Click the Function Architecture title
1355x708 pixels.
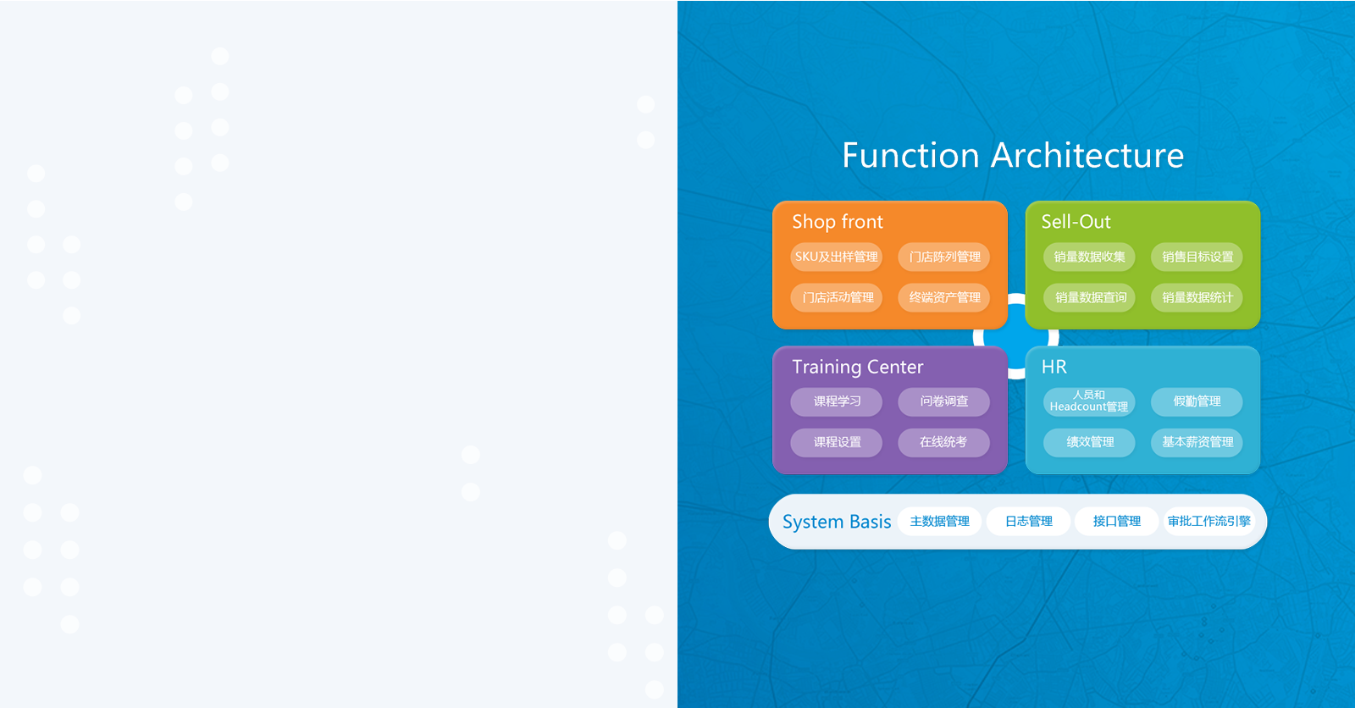pos(1013,156)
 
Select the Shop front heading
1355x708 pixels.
pos(838,222)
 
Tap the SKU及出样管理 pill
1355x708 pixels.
pos(837,257)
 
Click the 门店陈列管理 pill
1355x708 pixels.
pos(944,257)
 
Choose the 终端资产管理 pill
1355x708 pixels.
pos(944,297)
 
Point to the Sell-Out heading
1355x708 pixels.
pos(1076,222)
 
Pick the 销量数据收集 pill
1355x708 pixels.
pos(1089,257)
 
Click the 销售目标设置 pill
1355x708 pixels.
pos(1197,257)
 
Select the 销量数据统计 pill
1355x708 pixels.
pos(1197,297)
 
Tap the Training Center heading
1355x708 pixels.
pos(858,367)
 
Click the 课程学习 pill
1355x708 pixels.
pos(837,401)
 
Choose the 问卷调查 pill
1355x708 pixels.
pos(944,401)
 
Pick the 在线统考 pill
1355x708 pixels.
pos(944,442)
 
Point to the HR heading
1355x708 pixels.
pos(1054,367)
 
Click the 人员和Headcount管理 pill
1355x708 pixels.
pos(1089,401)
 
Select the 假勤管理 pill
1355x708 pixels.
pos(1197,401)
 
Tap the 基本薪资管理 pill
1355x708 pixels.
pos(1197,442)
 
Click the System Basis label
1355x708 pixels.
pos(837,522)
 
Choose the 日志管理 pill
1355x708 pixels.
pos(1028,521)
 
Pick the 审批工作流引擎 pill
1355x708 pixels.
pos(1208,521)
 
